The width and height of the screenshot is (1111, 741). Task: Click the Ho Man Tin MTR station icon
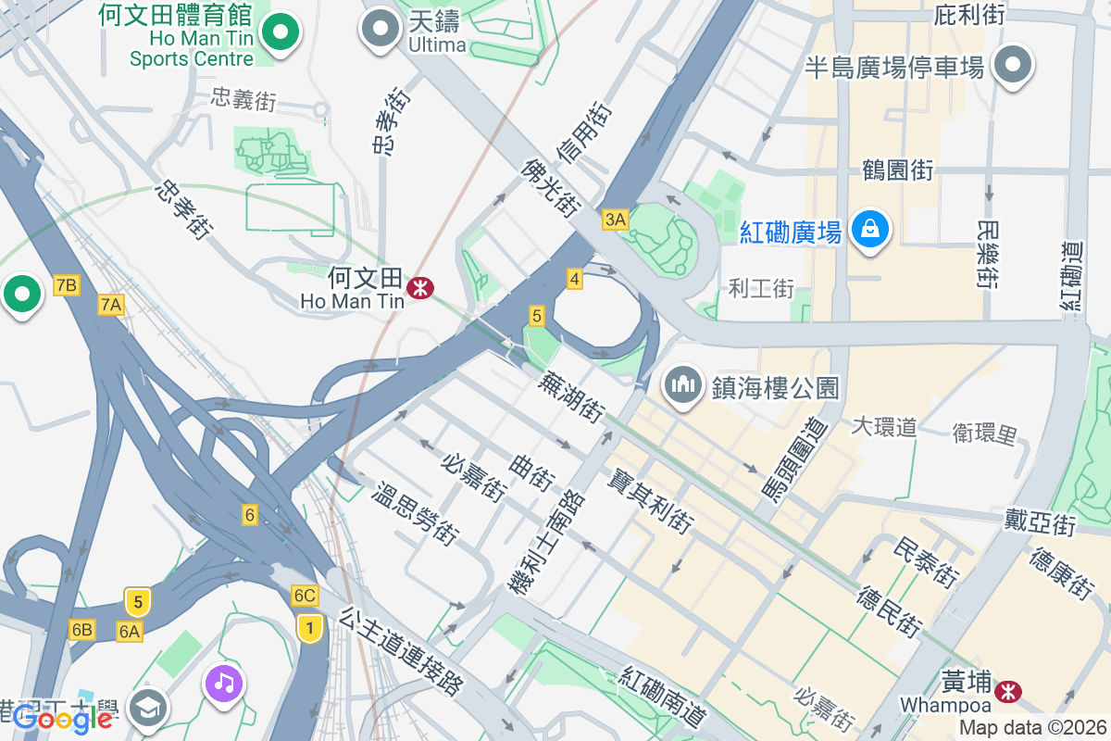pyautogui.click(x=420, y=287)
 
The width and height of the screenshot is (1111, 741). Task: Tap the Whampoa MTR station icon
pyautogui.click(x=1008, y=691)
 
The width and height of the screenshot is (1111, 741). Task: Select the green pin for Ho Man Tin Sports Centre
pyautogui.click(x=279, y=34)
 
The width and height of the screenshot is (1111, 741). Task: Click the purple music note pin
pyautogui.click(x=224, y=685)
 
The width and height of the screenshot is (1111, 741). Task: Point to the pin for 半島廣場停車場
pyautogui.click(x=1013, y=65)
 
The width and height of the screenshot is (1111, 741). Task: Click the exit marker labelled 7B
pyautogui.click(x=66, y=285)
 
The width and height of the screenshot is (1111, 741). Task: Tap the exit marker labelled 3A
pyautogui.click(x=615, y=220)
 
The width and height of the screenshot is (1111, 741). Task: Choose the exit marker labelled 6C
pyautogui.click(x=304, y=596)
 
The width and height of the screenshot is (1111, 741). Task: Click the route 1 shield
pyautogui.click(x=309, y=629)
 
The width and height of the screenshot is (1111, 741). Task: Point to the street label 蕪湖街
pyautogui.click(x=575, y=395)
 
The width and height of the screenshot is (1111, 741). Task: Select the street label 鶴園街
pyautogui.click(x=896, y=170)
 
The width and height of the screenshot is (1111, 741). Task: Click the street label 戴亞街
pyautogui.click(x=1040, y=521)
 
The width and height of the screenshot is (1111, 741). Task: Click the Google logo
pyautogui.click(x=62, y=719)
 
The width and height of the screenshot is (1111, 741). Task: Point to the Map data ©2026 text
pyautogui.click(x=1032, y=728)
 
